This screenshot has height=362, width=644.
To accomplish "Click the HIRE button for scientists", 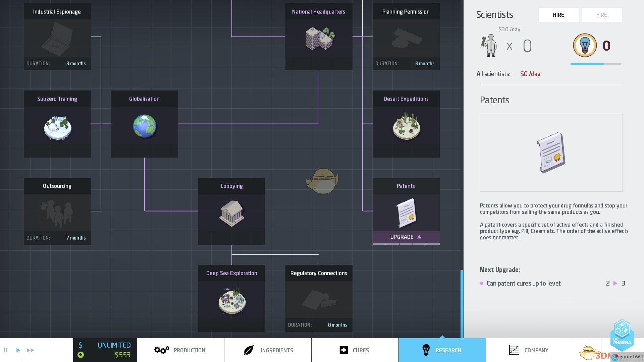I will point(558,15).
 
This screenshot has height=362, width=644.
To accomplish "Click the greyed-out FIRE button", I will point(601,15).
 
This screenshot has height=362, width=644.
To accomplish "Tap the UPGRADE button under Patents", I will point(406,237).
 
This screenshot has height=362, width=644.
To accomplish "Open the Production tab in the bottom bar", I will point(180,350).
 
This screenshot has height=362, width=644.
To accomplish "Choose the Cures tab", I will point(355,350).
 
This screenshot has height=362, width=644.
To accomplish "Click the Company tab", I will point(529,350).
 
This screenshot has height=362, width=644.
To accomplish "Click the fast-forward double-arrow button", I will point(30,350).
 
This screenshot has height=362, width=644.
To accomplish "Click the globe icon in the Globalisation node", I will point(145,126).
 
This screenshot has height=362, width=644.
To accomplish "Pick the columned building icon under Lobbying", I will point(232,213).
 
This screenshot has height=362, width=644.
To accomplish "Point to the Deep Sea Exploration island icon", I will point(232,300).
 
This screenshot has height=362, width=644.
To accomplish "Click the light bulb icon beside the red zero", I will point(585,45).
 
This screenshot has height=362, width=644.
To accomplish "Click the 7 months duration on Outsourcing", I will point(76,238).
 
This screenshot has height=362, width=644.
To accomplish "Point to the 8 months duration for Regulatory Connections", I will point(337,325).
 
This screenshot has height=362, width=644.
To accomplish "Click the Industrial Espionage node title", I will point(57,12).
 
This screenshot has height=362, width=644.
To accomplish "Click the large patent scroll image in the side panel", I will point(551,153).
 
